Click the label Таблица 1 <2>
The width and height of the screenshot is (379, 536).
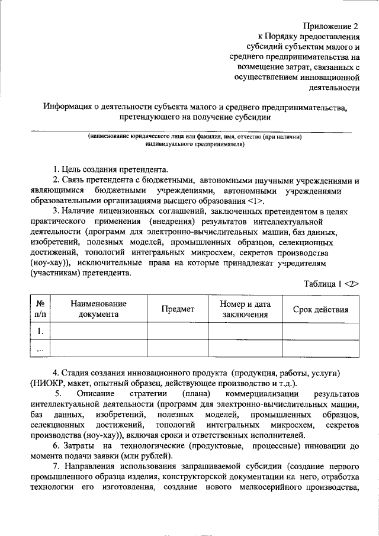[x=332, y=283]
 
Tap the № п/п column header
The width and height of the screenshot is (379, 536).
[x=40, y=309]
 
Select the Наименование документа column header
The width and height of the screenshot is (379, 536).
[x=99, y=309]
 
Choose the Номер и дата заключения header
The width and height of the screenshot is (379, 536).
[x=245, y=309]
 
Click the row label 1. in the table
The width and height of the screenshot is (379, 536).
[x=40, y=331]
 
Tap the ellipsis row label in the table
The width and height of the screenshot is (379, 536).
[x=40, y=349]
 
